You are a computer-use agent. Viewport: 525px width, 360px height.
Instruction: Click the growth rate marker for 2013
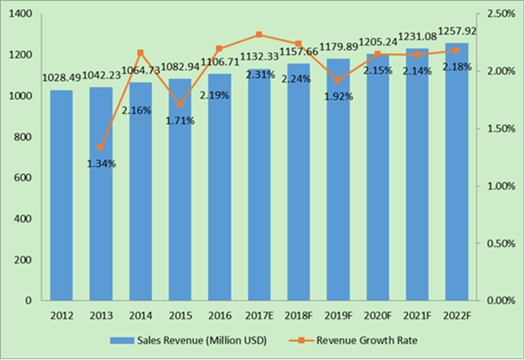tap(101, 147)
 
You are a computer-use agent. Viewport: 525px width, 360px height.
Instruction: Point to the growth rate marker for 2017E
tap(259, 35)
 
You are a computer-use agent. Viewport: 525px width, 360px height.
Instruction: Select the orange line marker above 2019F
tap(338, 80)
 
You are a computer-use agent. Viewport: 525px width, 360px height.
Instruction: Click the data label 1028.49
tap(62, 79)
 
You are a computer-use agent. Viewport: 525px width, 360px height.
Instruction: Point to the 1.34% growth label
tap(101, 164)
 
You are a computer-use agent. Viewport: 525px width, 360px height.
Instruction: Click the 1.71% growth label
tap(180, 121)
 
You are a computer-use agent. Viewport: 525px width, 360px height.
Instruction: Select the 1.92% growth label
tap(338, 96)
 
